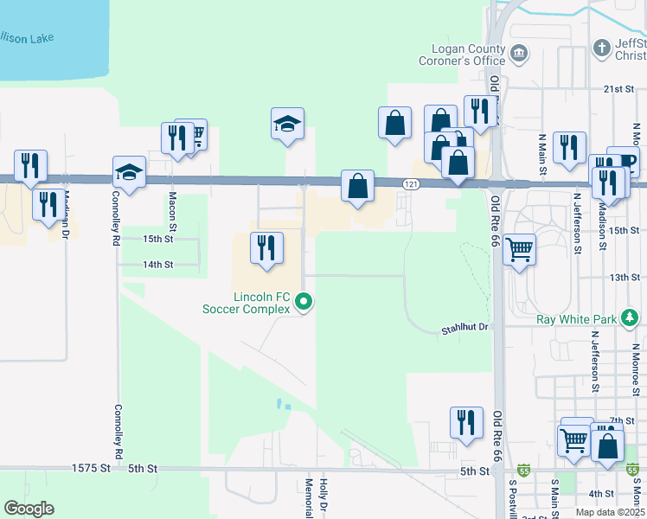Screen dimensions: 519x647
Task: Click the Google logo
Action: pyautogui.click(x=29, y=509)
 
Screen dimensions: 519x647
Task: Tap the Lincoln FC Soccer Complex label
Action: pyautogui.click(x=247, y=302)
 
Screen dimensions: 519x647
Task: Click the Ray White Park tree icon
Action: pyautogui.click(x=631, y=318)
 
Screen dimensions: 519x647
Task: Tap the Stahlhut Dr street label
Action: pyautogui.click(x=464, y=328)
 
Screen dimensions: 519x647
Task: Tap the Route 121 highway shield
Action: pyautogui.click(x=411, y=184)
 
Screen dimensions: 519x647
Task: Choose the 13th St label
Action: pyautogui.click(x=623, y=277)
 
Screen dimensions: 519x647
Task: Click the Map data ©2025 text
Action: pyautogui.click(x=608, y=512)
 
